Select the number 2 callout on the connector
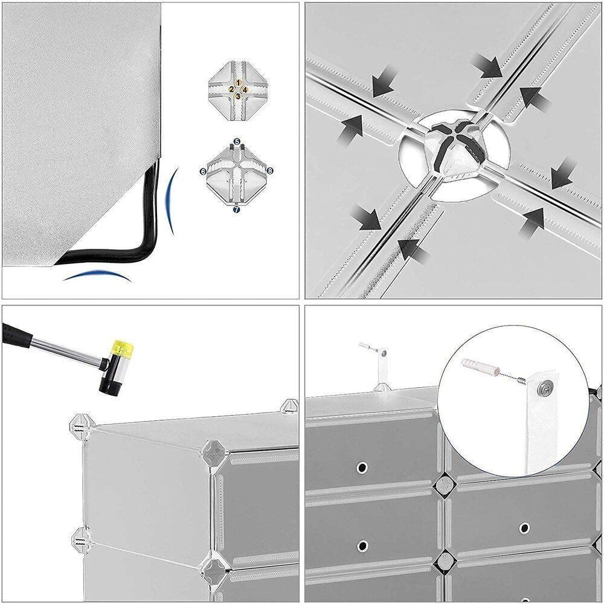pos(231,89)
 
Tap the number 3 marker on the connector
pos(239,95)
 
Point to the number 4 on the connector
pos(245,89)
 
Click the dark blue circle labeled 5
pos(237,141)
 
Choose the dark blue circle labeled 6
pos(203,172)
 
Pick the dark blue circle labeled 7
pos(237,209)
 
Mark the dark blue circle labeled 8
pos(270,172)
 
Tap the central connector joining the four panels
pos(454,151)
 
